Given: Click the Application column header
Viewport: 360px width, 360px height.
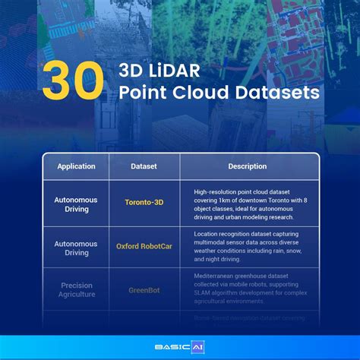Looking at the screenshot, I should click(x=75, y=166).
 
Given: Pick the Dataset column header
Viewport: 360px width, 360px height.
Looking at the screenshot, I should click(x=144, y=166).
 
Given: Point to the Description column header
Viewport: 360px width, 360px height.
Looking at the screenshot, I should click(x=248, y=166).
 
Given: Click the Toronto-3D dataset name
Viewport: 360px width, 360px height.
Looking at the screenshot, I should click(x=144, y=203).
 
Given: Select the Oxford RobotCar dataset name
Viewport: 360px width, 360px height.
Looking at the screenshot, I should click(x=144, y=246).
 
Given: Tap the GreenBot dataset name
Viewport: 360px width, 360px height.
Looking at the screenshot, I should click(x=144, y=289).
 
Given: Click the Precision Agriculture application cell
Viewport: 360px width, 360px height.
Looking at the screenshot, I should click(x=75, y=289).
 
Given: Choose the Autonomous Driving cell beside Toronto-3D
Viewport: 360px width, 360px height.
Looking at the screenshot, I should click(x=75, y=203).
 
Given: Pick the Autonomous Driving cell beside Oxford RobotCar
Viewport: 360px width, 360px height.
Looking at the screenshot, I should click(x=75, y=246).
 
